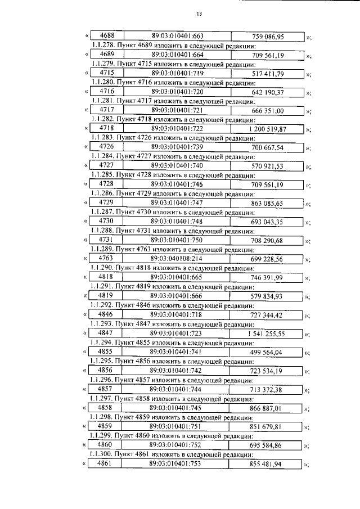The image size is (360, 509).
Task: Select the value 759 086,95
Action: [268, 37]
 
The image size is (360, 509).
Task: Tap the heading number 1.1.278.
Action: [101, 46]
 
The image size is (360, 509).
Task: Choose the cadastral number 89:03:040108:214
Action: [177, 259]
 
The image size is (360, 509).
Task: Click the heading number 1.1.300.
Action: [101, 454]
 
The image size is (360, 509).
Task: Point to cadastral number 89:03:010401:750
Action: [177, 240]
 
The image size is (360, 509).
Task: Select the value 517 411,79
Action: [267, 74]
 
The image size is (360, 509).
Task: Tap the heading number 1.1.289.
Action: [101, 249]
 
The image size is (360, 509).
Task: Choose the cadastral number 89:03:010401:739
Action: [177, 148]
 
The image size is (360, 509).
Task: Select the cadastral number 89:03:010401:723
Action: [177, 334]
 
